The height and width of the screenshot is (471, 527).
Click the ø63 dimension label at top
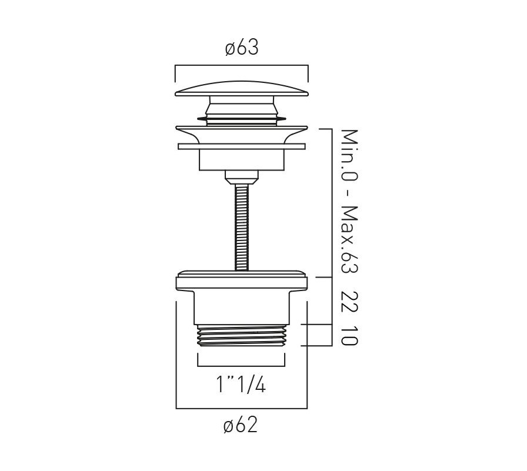click(x=242, y=48)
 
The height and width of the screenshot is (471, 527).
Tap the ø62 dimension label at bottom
click(x=241, y=425)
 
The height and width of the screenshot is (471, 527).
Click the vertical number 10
click(x=349, y=336)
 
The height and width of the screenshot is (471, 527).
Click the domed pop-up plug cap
click(x=241, y=89)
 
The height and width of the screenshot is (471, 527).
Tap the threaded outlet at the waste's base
click(x=241, y=335)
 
